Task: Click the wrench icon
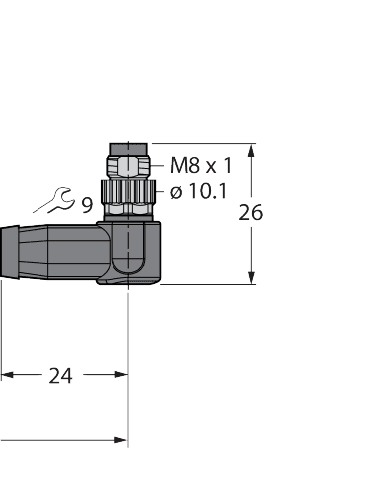[x=55, y=201]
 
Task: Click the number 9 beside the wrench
[x=87, y=205]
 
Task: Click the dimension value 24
[x=61, y=375]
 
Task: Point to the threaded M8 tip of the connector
[x=128, y=160]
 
